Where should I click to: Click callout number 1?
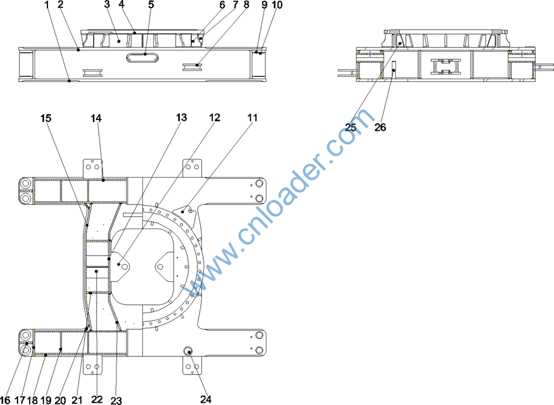click(x=47, y=5)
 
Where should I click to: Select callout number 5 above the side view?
click(x=151, y=5)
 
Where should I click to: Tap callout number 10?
click(x=278, y=5)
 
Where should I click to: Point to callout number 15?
click(x=46, y=118)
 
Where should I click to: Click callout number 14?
click(x=96, y=118)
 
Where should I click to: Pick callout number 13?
click(x=182, y=118)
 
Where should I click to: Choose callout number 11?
click(x=252, y=118)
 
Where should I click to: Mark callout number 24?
click(x=206, y=399)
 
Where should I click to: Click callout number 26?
click(x=380, y=127)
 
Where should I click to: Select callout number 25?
click(x=350, y=127)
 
